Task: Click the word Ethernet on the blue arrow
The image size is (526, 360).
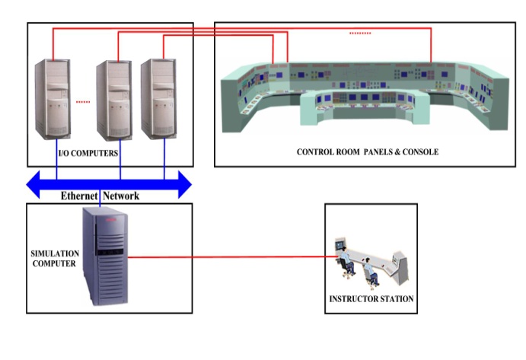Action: point(80,196)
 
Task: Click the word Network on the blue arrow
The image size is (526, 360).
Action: point(122,196)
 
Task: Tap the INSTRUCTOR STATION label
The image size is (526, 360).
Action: point(371,299)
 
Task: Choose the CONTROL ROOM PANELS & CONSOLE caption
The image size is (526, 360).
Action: point(367,152)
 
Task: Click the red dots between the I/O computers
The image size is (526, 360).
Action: point(84,101)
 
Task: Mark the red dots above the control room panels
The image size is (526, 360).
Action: point(360,33)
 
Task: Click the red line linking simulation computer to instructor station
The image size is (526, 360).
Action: point(228,256)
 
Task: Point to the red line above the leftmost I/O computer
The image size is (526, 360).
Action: point(53,46)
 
